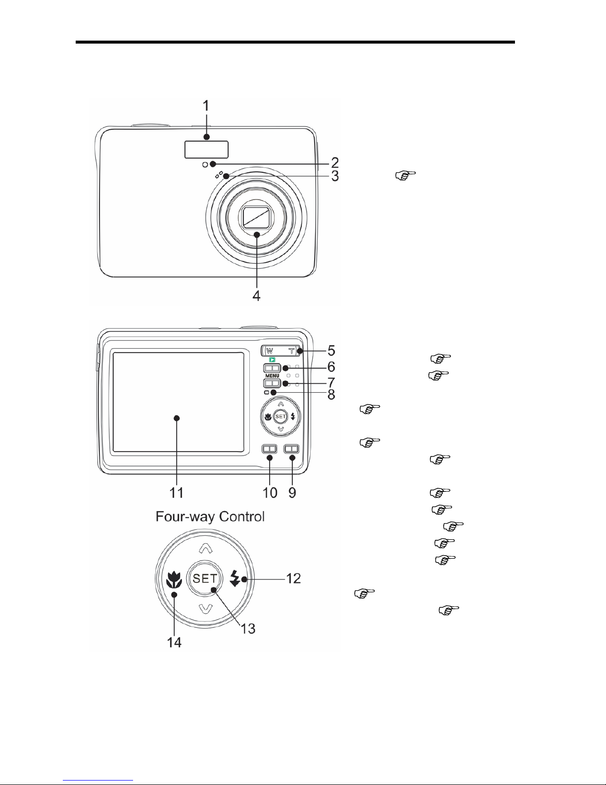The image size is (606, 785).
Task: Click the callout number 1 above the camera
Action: click(207, 105)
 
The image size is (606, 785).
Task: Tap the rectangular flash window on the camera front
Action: click(206, 149)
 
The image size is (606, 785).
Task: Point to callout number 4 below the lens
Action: click(256, 296)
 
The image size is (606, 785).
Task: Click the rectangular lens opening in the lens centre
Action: click(256, 217)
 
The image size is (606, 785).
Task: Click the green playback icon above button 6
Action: click(272, 360)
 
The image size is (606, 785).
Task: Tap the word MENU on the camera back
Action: click(272, 376)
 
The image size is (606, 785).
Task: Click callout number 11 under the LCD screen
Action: click(177, 492)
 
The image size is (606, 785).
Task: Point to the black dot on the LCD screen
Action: click(178, 418)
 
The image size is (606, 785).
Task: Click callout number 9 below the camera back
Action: click(292, 493)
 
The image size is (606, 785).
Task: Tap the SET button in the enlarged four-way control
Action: click(205, 578)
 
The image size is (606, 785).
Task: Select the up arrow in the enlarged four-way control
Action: click(205, 547)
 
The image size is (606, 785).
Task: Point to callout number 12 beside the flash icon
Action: click(293, 578)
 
